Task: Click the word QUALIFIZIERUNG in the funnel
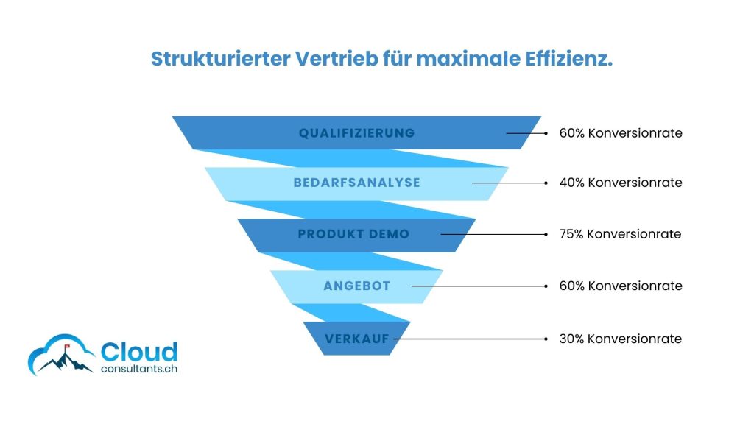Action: tap(356, 133)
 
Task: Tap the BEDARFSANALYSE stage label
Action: tap(357, 183)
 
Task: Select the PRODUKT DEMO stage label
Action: tap(353, 234)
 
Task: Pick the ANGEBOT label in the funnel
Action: tap(357, 286)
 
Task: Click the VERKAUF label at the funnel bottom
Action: tap(357, 339)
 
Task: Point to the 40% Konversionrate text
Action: tap(621, 183)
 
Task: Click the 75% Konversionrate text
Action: tap(620, 234)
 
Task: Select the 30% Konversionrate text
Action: tap(620, 339)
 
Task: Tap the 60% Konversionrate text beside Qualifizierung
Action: tap(621, 133)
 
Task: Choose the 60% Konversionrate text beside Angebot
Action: tap(621, 286)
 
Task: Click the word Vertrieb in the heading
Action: tap(337, 59)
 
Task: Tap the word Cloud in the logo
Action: tap(139, 352)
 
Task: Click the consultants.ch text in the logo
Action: tap(139, 370)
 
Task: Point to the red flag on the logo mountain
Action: tap(67, 346)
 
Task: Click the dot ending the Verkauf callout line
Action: tap(546, 339)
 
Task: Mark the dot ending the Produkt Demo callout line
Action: tap(546, 235)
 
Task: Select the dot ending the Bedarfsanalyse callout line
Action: tap(546, 183)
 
